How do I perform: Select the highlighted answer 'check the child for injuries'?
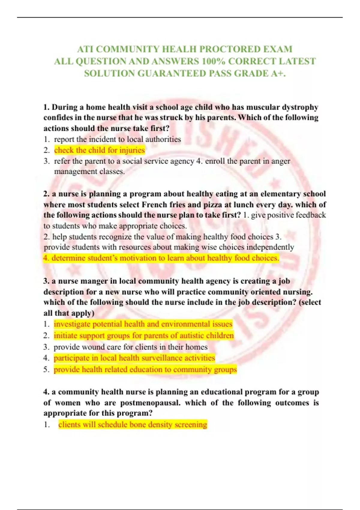click(x=99, y=150)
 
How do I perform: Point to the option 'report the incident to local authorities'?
click(x=117, y=139)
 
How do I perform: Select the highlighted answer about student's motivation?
click(x=161, y=258)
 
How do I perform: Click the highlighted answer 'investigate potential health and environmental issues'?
click(x=143, y=324)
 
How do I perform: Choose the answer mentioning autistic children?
click(x=143, y=335)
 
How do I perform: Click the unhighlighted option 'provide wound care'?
click(x=130, y=347)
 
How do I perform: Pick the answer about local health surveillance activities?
click(x=134, y=358)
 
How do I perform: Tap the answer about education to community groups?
click(x=145, y=369)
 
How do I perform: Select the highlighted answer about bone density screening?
click(x=133, y=424)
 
